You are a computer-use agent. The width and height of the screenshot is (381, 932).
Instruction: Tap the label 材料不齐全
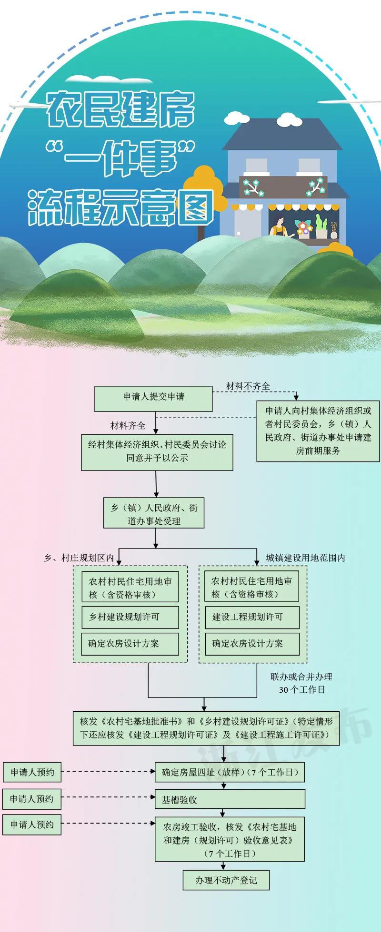coord(248,386)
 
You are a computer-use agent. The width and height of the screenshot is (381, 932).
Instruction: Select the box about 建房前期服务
coord(318,431)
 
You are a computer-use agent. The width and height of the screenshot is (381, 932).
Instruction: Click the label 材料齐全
coord(128,425)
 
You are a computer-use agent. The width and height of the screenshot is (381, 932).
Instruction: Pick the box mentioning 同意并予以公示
coord(157,451)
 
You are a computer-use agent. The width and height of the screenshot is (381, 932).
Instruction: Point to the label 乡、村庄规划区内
coord(79,558)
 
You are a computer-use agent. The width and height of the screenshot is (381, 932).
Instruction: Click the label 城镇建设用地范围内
coord(305,558)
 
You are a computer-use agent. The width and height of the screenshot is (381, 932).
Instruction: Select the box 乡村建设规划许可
coord(130,617)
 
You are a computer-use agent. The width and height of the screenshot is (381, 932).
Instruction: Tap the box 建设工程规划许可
coord(252,617)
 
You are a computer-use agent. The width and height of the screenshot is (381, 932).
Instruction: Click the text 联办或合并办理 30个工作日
coord(301,683)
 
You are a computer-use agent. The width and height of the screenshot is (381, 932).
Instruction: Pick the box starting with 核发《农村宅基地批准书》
coord(206,728)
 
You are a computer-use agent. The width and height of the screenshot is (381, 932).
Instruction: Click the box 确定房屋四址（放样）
coord(230,772)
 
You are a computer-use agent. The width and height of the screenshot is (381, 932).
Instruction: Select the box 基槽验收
coord(230,799)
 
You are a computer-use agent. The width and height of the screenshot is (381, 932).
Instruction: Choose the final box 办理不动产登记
coord(226,880)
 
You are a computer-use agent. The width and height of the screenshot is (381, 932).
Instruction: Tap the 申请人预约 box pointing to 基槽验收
coord(32,799)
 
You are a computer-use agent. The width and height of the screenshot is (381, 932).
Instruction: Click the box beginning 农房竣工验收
coord(230,840)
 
